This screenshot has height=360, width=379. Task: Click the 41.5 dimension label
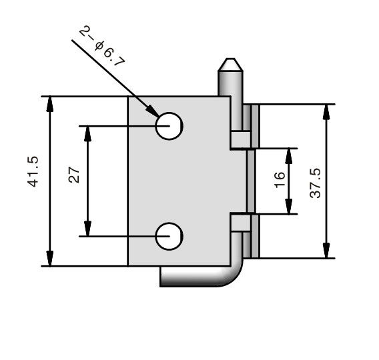point(33,172)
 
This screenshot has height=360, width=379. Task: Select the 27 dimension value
point(74,175)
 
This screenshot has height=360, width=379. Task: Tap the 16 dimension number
point(280,179)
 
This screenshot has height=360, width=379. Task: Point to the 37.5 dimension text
point(315,183)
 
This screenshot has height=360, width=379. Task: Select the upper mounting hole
point(169,126)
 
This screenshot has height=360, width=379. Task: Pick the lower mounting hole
point(169,237)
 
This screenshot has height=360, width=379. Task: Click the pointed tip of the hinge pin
point(230,59)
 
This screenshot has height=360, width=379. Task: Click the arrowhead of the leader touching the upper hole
point(153,111)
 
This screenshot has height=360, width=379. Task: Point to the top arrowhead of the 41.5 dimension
point(50,104)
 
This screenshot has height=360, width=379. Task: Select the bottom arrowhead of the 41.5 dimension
point(50,258)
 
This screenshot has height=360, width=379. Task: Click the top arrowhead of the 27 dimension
point(87,134)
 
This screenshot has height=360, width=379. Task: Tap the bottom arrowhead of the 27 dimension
point(87,229)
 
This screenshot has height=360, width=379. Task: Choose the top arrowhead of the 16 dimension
point(289,156)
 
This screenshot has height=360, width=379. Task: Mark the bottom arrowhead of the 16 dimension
point(289,206)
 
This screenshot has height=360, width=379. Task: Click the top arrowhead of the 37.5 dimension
point(326,112)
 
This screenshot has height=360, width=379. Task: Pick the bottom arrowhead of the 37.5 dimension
point(326,251)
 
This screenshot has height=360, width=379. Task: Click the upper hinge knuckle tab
point(241,140)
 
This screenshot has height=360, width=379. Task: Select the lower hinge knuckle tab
point(241,223)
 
